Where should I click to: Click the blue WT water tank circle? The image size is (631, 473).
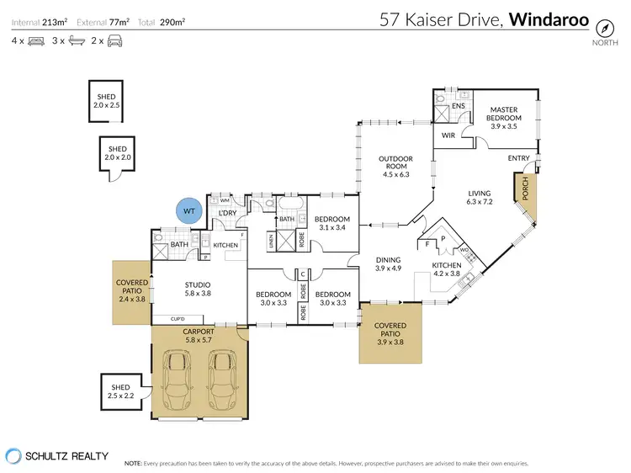pyautogui.click(x=188, y=210)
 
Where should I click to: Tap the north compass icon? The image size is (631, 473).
pyautogui.click(x=602, y=26)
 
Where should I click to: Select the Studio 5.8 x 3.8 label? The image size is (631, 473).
pyautogui.click(x=199, y=290)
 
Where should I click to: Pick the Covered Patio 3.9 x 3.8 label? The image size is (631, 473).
pyautogui.click(x=390, y=330)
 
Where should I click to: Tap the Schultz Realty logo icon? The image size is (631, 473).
pyautogui.click(x=13, y=455)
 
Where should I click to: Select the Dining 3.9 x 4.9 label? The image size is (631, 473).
pyautogui.click(x=388, y=265)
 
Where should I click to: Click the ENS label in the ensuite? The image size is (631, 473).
pyautogui.click(x=458, y=107)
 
